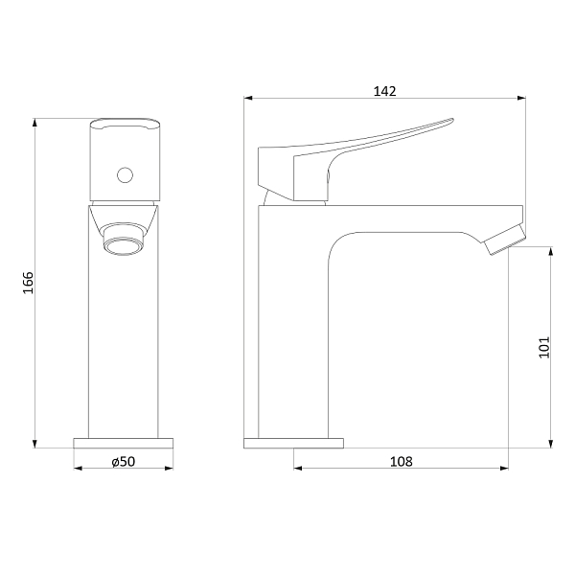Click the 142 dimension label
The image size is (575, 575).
click(x=384, y=91)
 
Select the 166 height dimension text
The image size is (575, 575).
click(x=28, y=283)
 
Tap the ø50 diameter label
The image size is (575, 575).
click(x=124, y=461)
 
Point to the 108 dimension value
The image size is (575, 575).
click(x=402, y=461)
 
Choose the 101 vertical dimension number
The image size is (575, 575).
click(x=544, y=347)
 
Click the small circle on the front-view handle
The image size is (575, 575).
click(x=125, y=175)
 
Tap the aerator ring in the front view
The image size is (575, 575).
click(x=124, y=244)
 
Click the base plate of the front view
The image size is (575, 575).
click(x=124, y=443)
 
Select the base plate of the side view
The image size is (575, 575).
click(x=294, y=443)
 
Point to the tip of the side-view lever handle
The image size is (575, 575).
click(x=453, y=119)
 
